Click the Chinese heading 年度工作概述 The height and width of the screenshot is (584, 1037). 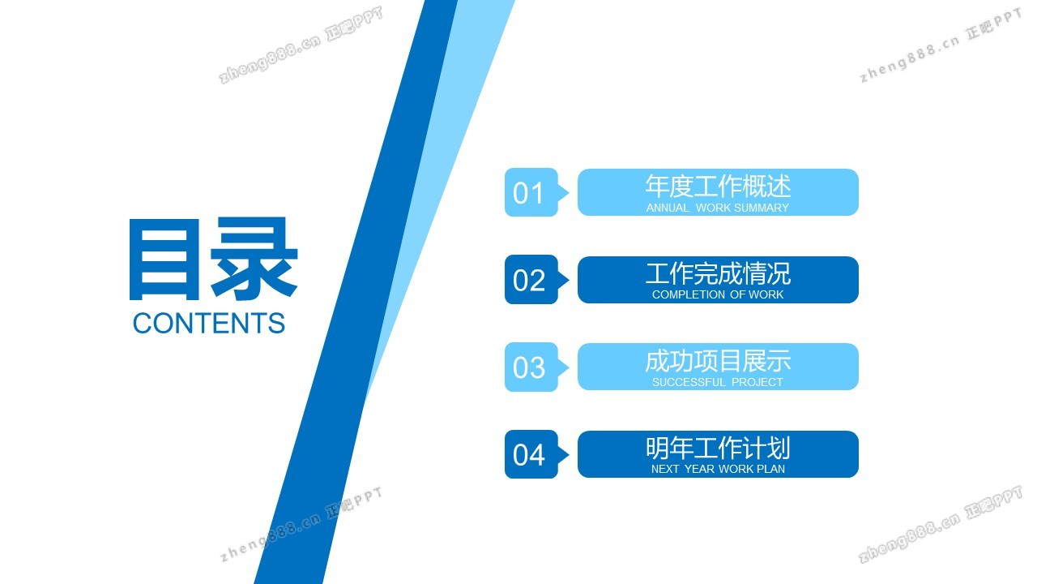pos(718,186)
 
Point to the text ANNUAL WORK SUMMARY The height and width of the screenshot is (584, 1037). pos(718,208)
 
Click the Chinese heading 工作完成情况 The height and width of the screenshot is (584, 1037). pos(718,273)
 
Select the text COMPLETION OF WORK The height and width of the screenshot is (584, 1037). pos(718,294)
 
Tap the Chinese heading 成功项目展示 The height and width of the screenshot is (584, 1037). pos(718,361)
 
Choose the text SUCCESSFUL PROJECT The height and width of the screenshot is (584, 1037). pos(718,382)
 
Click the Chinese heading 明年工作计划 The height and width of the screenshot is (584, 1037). pos(718,448)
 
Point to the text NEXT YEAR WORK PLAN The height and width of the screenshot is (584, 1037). pos(718,469)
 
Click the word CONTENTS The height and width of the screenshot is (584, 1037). pos(209,323)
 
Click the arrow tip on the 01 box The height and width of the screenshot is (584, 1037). pos(569,192)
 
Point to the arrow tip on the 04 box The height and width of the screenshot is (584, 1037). pos(569,454)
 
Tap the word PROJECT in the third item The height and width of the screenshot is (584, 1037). pos(757,382)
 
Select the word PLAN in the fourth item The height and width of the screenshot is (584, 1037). pos(770,469)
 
